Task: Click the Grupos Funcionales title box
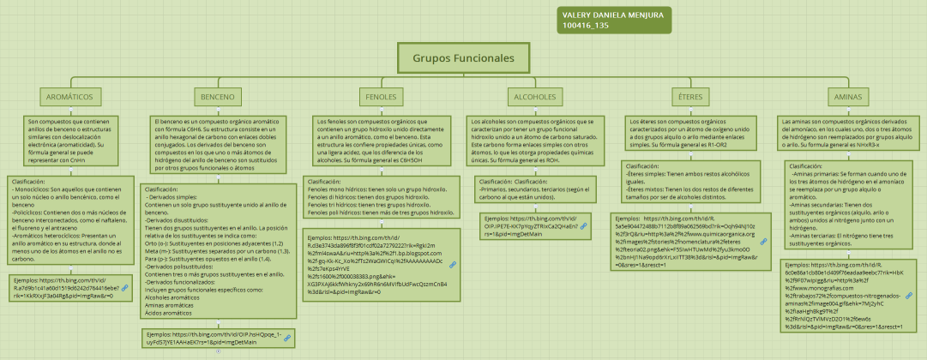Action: (464, 58)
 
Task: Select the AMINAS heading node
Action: (848, 97)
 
